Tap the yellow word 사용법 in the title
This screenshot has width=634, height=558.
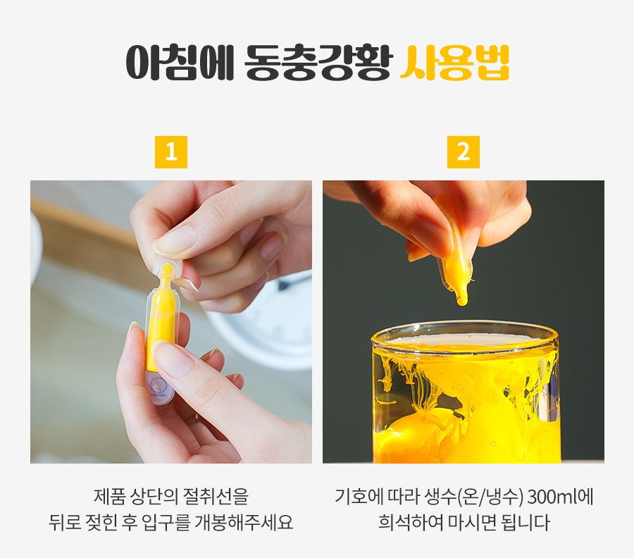point(454,63)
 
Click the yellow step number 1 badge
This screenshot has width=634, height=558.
point(171,152)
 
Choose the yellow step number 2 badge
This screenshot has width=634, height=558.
point(464,152)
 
